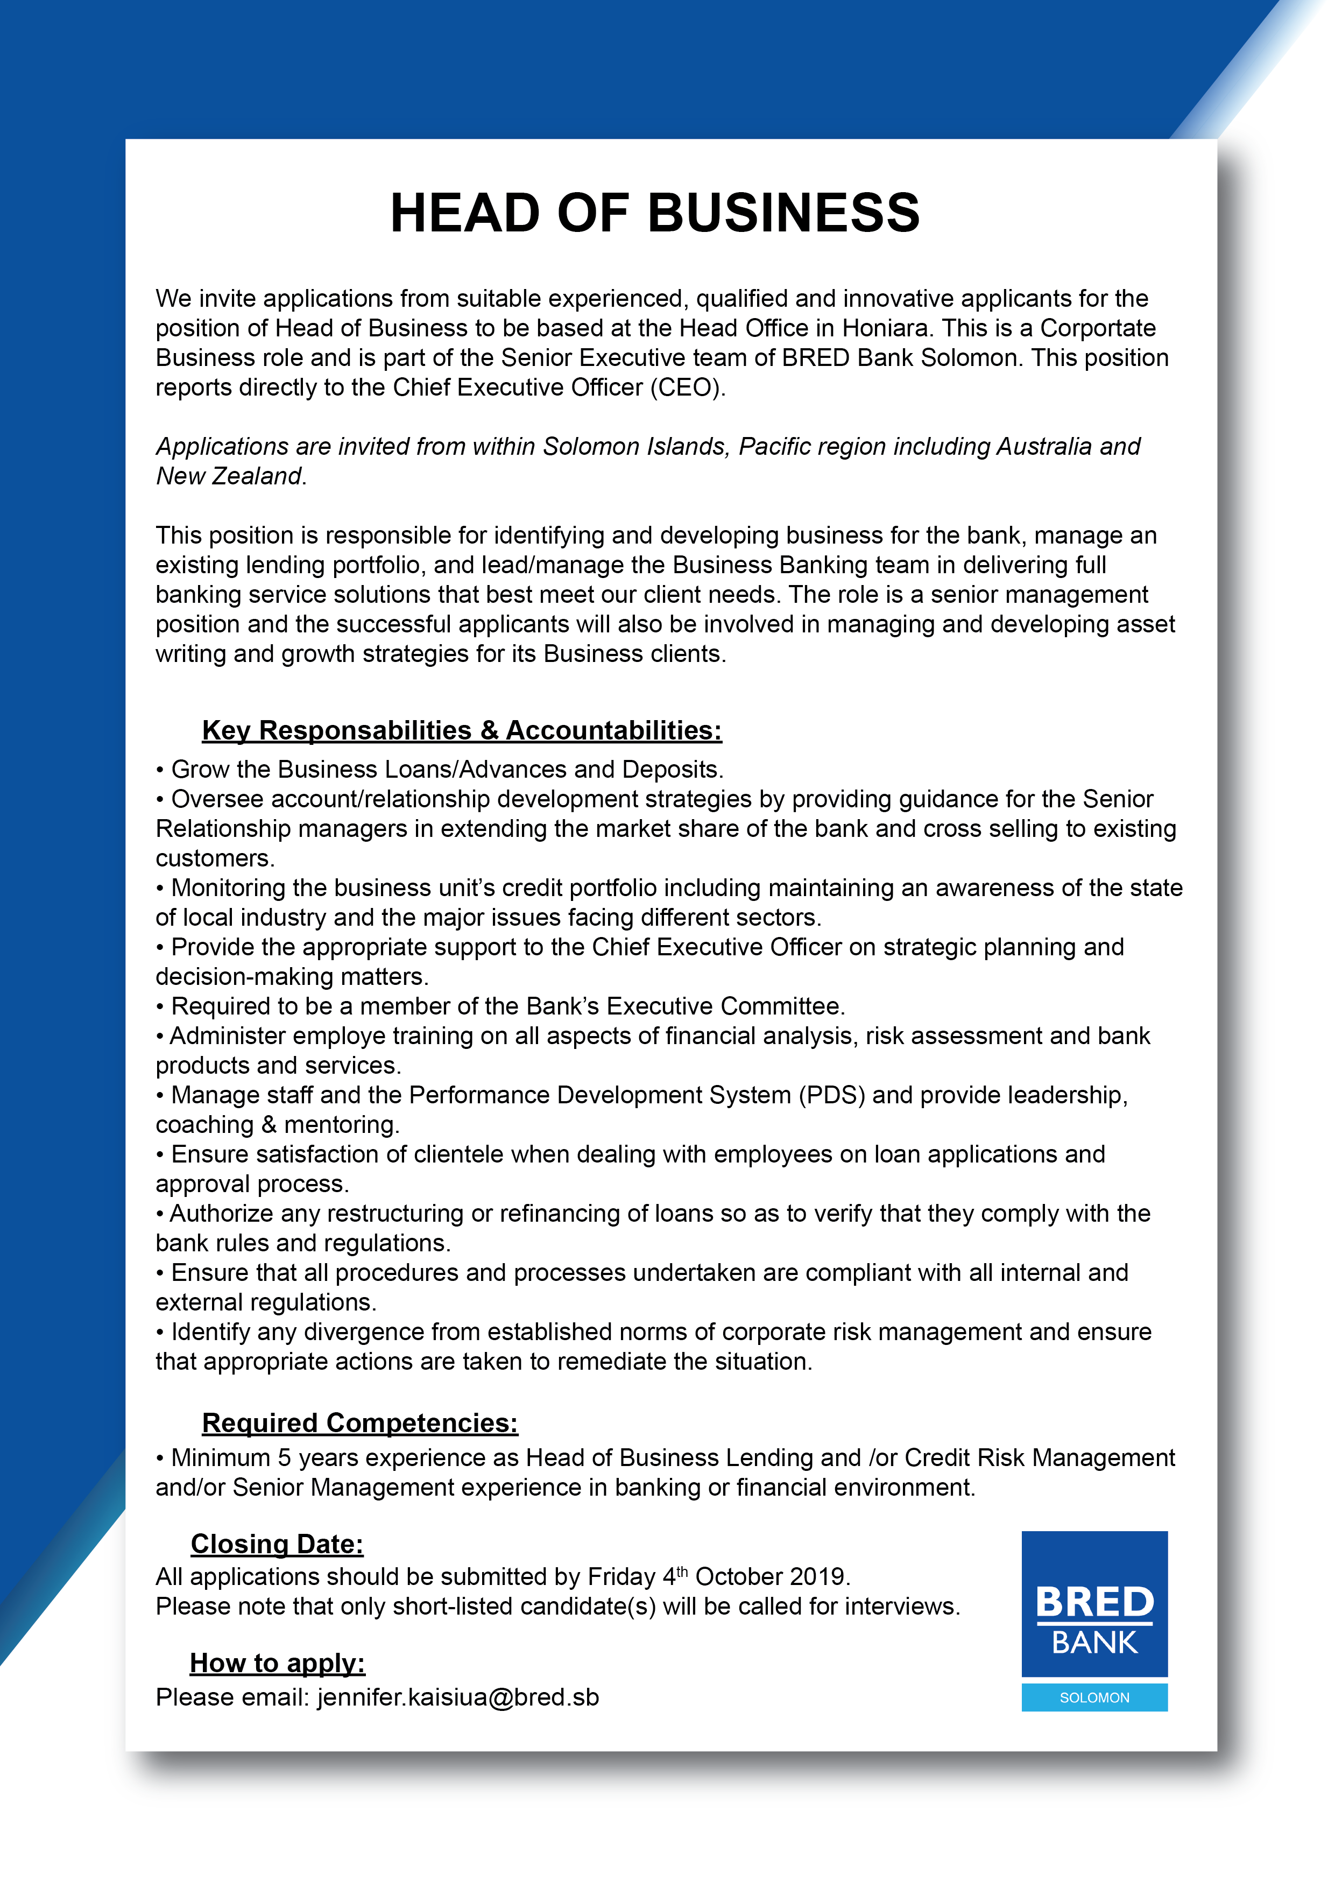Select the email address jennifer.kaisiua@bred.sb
click(x=458, y=1697)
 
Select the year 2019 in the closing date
click(x=816, y=1576)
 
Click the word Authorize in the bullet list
click(x=221, y=1214)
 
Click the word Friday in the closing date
click(x=620, y=1576)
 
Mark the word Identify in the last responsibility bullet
click(x=215, y=1332)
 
